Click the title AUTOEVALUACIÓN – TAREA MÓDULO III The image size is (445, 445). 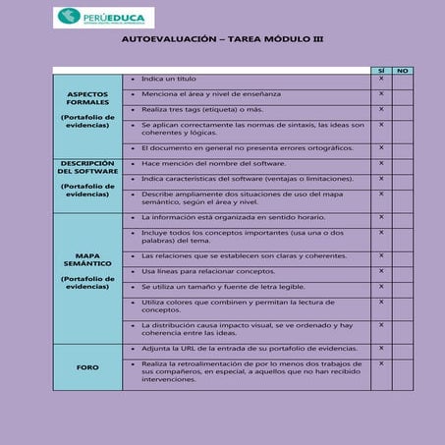click(x=223, y=41)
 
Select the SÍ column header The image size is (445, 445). click(x=381, y=71)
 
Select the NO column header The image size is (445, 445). click(x=403, y=71)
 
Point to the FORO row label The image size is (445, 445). click(x=88, y=366)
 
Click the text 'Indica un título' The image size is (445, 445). click(x=169, y=79)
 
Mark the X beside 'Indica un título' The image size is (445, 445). click(x=381, y=79)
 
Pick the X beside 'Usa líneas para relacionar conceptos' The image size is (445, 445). click(x=381, y=270)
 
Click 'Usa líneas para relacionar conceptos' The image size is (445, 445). click(x=208, y=270)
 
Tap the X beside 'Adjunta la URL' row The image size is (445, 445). click(x=381, y=348)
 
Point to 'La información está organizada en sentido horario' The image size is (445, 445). click(x=232, y=217)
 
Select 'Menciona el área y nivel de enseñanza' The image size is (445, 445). click(x=211, y=93)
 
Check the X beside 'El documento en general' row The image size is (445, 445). click(x=381, y=147)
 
